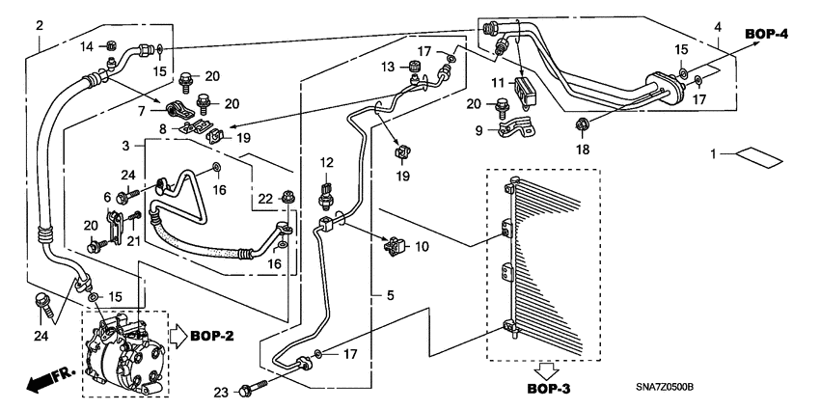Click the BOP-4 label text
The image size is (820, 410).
pos(766,35)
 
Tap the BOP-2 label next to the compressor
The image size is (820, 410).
pos(214,337)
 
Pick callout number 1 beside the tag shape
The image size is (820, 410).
pos(716,154)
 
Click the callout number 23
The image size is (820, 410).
pos(221,391)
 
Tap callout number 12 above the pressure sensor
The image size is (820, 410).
pos(326,162)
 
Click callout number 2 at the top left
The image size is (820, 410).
pos(39,25)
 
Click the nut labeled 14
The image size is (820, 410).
pos(112,44)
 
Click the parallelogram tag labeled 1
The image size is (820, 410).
pos(756,154)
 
